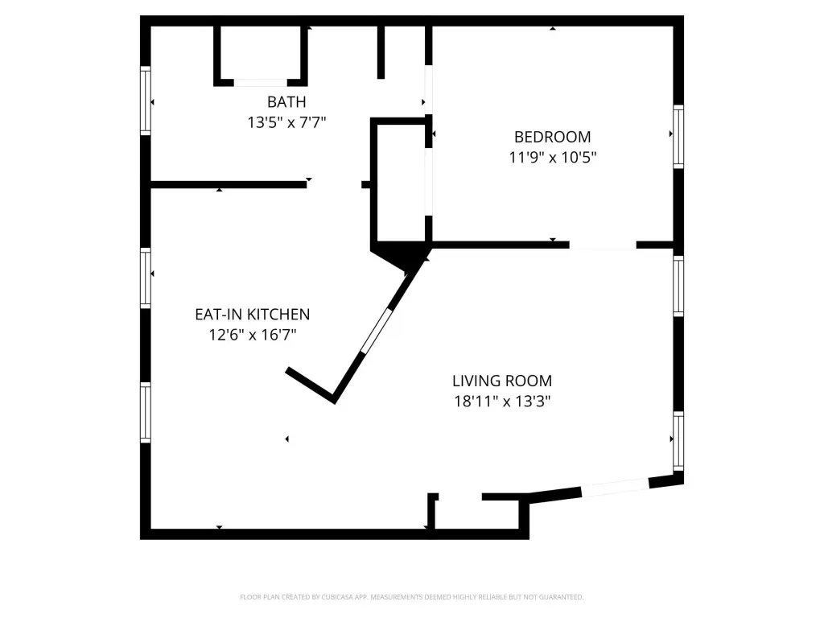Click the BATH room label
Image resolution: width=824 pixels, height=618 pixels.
tap(286, 101)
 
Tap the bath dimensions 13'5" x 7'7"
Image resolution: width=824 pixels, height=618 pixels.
tap(286, 122)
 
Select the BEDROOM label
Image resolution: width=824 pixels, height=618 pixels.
tap(552, 137)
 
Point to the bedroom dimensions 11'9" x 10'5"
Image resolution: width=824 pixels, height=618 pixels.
tap(552, 157)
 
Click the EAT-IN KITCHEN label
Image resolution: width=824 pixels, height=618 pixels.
tap(252, 315)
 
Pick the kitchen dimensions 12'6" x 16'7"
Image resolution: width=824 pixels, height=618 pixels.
tap(252, 335)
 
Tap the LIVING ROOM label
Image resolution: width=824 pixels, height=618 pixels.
tap(502, 381)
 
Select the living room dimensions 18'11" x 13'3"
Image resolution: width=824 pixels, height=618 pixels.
tap(502, 402)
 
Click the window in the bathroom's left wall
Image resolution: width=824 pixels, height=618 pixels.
tap(146, 100)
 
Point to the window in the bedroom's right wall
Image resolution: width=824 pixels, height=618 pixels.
tap(678, 137)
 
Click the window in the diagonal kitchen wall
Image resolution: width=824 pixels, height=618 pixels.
tap(377, 331)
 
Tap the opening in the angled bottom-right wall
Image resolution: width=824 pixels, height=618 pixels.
tap(616, 487)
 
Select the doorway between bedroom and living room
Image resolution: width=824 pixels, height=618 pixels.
tap(603, 245)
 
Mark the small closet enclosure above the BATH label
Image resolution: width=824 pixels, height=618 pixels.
tap(260, 56)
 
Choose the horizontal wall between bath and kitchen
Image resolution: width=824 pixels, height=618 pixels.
tap(229, 184)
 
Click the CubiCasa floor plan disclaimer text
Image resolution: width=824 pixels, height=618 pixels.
tap(412, 597)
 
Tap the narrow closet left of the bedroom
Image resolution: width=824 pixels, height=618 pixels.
tap(401, 182)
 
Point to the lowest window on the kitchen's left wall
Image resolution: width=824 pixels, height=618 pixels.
tap(146, 413)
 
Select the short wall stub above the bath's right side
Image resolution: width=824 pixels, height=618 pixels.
tap(381, 52)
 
